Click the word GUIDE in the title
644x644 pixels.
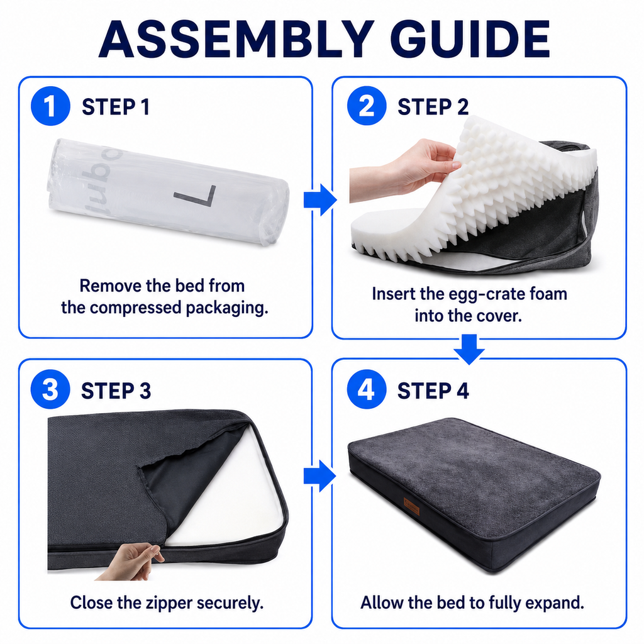click(470, 40)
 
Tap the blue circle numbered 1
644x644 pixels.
click(50, 106)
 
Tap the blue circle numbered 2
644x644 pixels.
click(367, 106)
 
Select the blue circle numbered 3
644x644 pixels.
click(50, 389)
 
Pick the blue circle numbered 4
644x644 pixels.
click(367, 389)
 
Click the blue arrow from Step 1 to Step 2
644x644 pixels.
click(320, 200)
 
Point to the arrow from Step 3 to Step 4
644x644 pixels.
click(320, 476)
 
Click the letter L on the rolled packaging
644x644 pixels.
click(197, 196)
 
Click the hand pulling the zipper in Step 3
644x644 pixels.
click(131, 561)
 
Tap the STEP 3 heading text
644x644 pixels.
click(116, 391)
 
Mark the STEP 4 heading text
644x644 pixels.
click(433, 391)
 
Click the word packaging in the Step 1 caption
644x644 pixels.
click(226, 308)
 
